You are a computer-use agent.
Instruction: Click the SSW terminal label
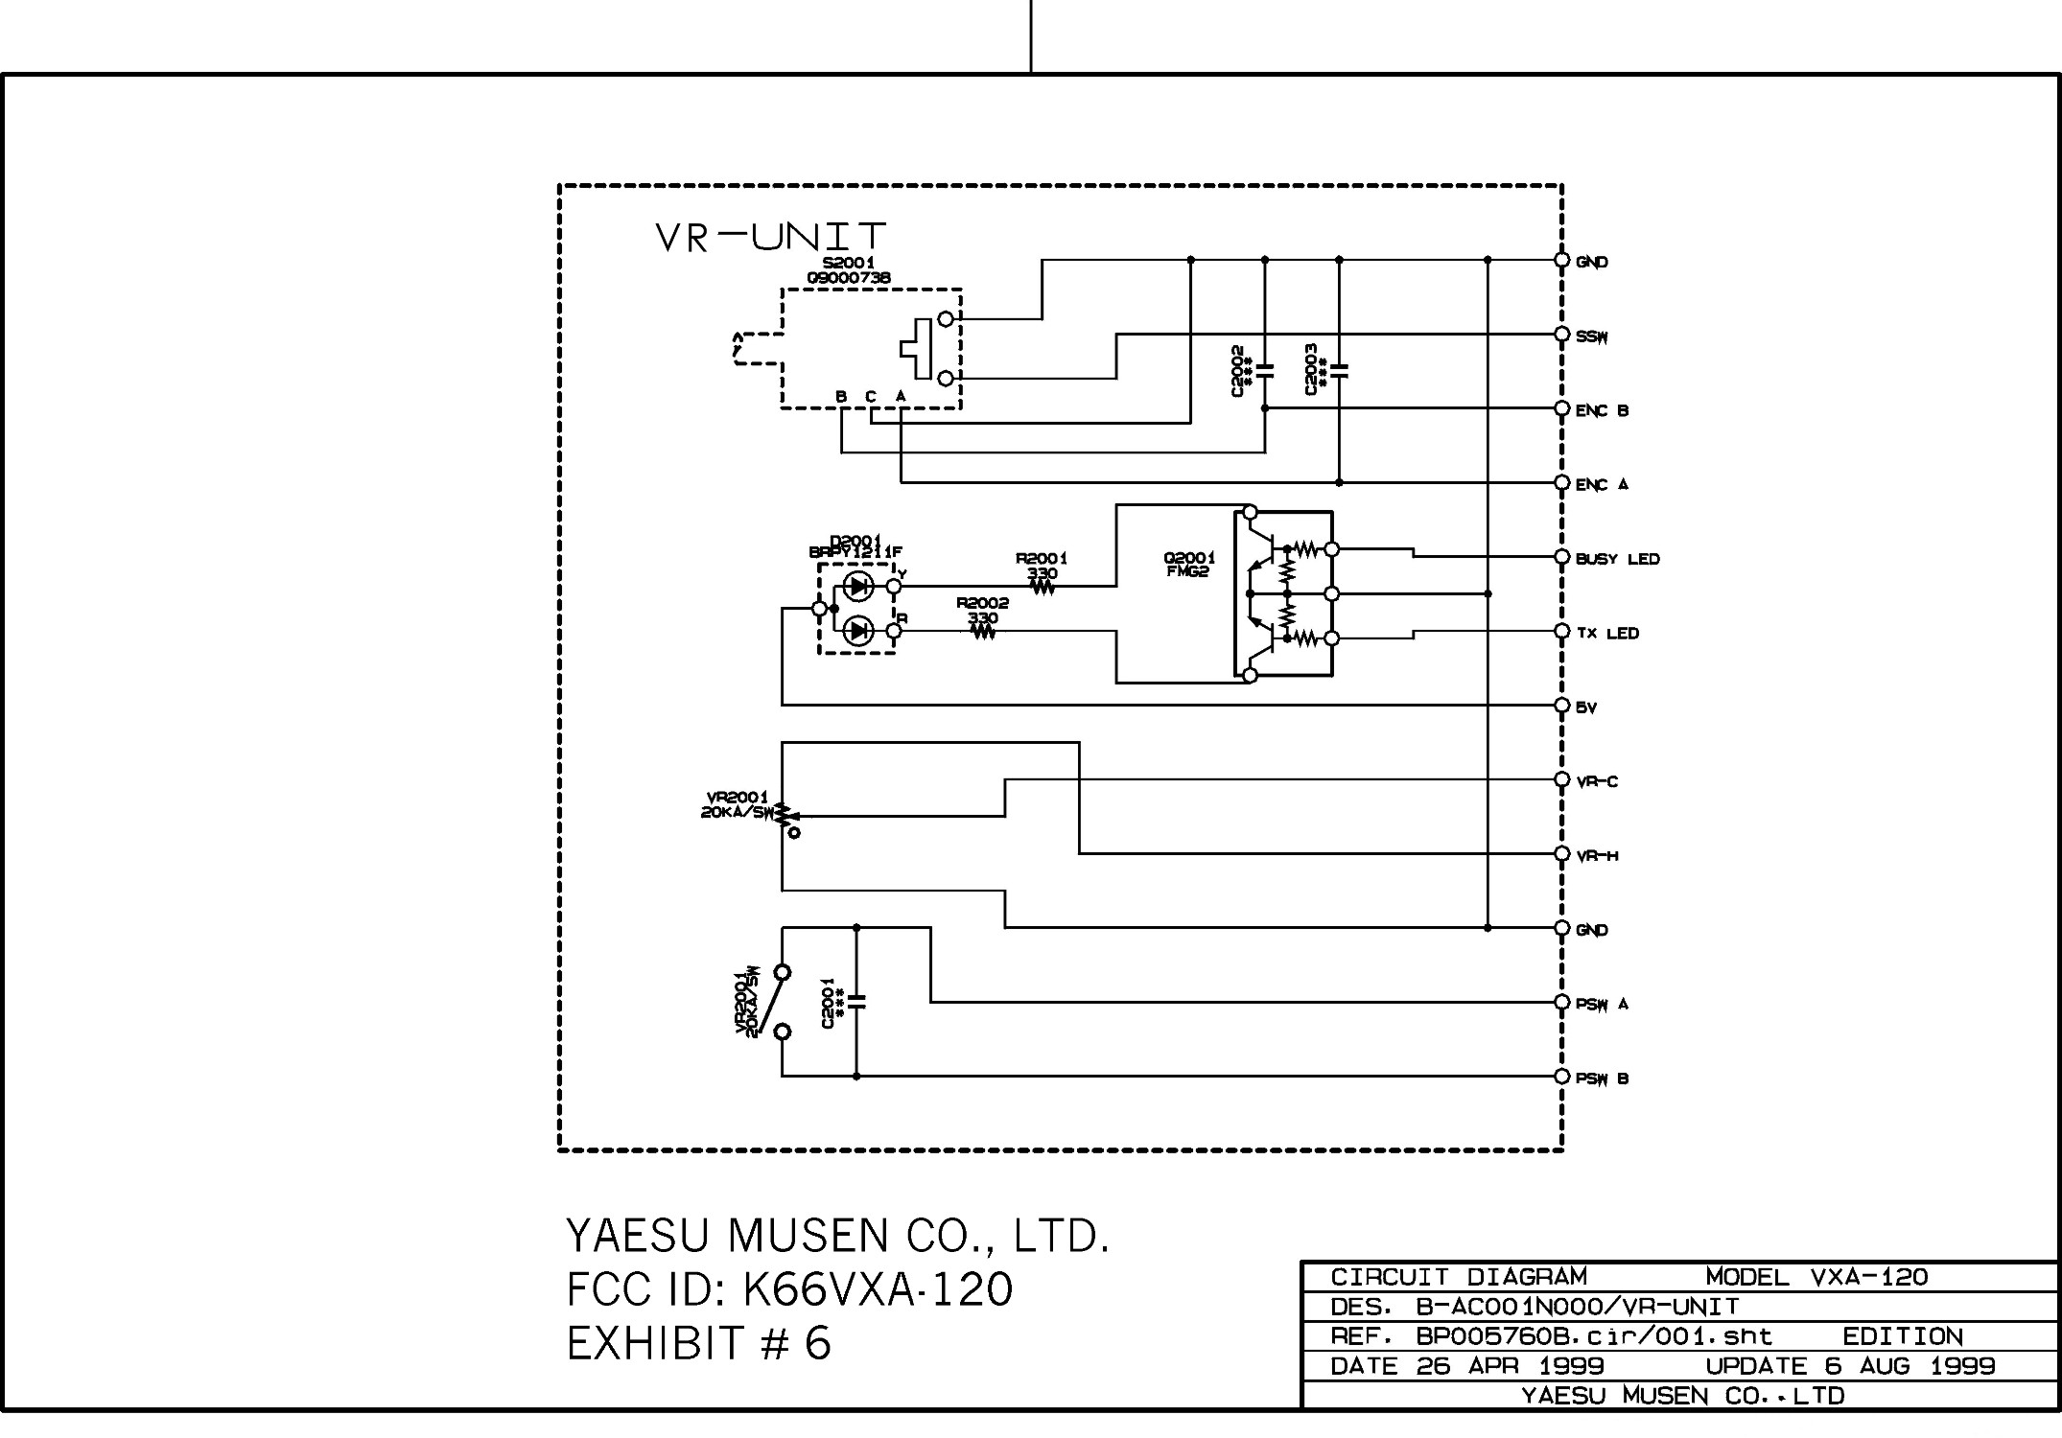pyautogui.click(x=1592, y=336)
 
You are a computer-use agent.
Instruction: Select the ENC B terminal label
pyautogui.click(x=1602, y=410)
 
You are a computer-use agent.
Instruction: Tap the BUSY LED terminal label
pyautogui.click(x=1617, y=559)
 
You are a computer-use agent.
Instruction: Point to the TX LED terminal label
pyautogui.click(x=1607, y=633)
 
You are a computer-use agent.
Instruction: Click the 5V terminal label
pyautogui.click(x=1586, y=707)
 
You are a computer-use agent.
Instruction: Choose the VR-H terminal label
pyautogui.click(x=1597, y=856)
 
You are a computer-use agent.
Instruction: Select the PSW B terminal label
pyautogui.click(x=1602, y=1078)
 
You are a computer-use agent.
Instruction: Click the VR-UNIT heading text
pyautogui.click(x=770, y=237)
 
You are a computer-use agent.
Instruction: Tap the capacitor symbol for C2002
pyautogui.click(x=1265, y=370)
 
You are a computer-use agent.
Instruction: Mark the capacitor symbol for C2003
pyautogui.click(x=1340, y=370)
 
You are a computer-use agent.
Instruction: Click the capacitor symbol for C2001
pyautogui.click(x=856, y=1003)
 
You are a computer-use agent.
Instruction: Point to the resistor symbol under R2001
pyautogui.click(x=1043, y=588)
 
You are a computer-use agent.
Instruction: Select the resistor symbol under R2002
pyautogui.click(x=983, y=632)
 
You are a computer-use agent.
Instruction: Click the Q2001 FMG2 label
pyautogui.click(x=1189, y=565)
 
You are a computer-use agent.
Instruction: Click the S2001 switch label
pyautogui.click(x=849, y=263)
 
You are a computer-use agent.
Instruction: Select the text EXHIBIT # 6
pyautogui.click(x=698, y=1343)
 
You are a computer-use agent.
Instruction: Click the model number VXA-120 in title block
pyautogui.click(x=1868, y=1277)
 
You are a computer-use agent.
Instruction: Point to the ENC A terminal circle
pyautogui.click(x=1561, y=482)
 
